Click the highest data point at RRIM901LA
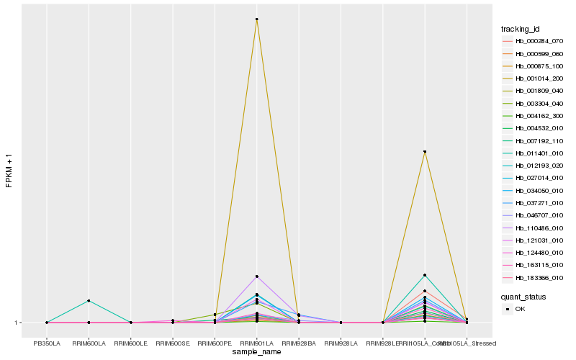(x=256, y=19)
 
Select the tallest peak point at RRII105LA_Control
(x=425, y=152)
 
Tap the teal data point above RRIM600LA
(x=89, y=300)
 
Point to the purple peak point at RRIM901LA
(x=256, y=276)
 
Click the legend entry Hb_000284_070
(x=534, y=41)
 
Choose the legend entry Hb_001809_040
(x=534, y=91)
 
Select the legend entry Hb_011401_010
(x=534, y=153)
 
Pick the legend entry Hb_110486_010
(x=534, y=228)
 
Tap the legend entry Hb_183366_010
(x=534, y=277)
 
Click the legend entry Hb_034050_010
(x=534, y=190)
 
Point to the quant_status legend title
(x=523, y=296)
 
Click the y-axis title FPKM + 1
(x=9, y=171)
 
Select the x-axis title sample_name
(x=256, y=352)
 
